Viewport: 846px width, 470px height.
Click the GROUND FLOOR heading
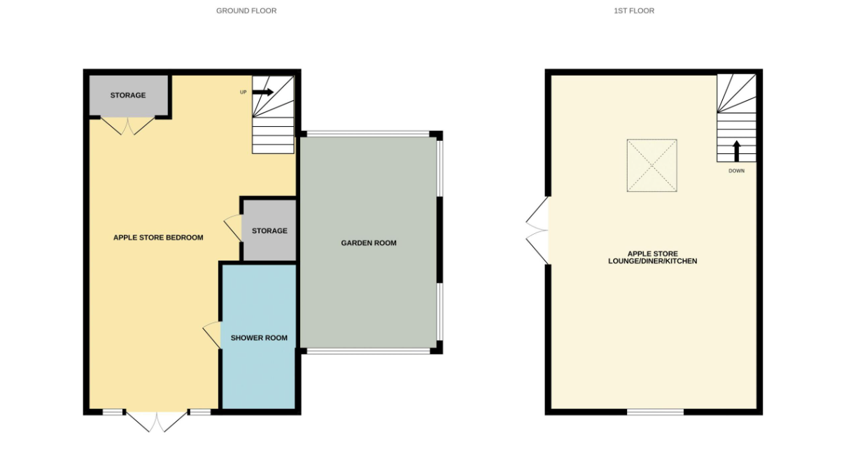(x=246, y=11)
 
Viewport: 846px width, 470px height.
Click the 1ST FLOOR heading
(x=634, y=11)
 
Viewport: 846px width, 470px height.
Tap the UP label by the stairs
(x=244, y=92)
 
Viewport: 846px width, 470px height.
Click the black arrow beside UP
(x=263, y=92)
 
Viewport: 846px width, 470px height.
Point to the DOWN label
(x=736, y=171)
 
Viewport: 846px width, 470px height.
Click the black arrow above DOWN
(x=736, y=151)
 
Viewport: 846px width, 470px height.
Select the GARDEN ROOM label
(x=369, y=243)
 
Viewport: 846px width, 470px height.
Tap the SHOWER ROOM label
(x=259, y=338)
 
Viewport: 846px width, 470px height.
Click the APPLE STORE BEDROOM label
(x=158, y=237)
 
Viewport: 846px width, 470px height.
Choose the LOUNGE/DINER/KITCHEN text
(x=653, y=261)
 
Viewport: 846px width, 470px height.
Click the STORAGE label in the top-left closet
(x=128, y=95)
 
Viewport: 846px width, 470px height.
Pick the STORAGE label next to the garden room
(x=269, y=230)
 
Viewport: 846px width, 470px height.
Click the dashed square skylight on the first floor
(x=652, y=165)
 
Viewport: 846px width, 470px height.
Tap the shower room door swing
(x=211, y=335)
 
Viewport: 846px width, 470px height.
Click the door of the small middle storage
(x=232, y=228)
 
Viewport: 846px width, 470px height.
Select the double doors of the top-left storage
(x=127, y=126)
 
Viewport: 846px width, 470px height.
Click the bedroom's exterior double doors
(x=156, y=422)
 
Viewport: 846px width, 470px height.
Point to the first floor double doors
(x=537, y=230)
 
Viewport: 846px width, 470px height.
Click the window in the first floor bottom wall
(x=655, y=412)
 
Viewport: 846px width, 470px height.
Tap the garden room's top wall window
(x=368, y=134)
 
